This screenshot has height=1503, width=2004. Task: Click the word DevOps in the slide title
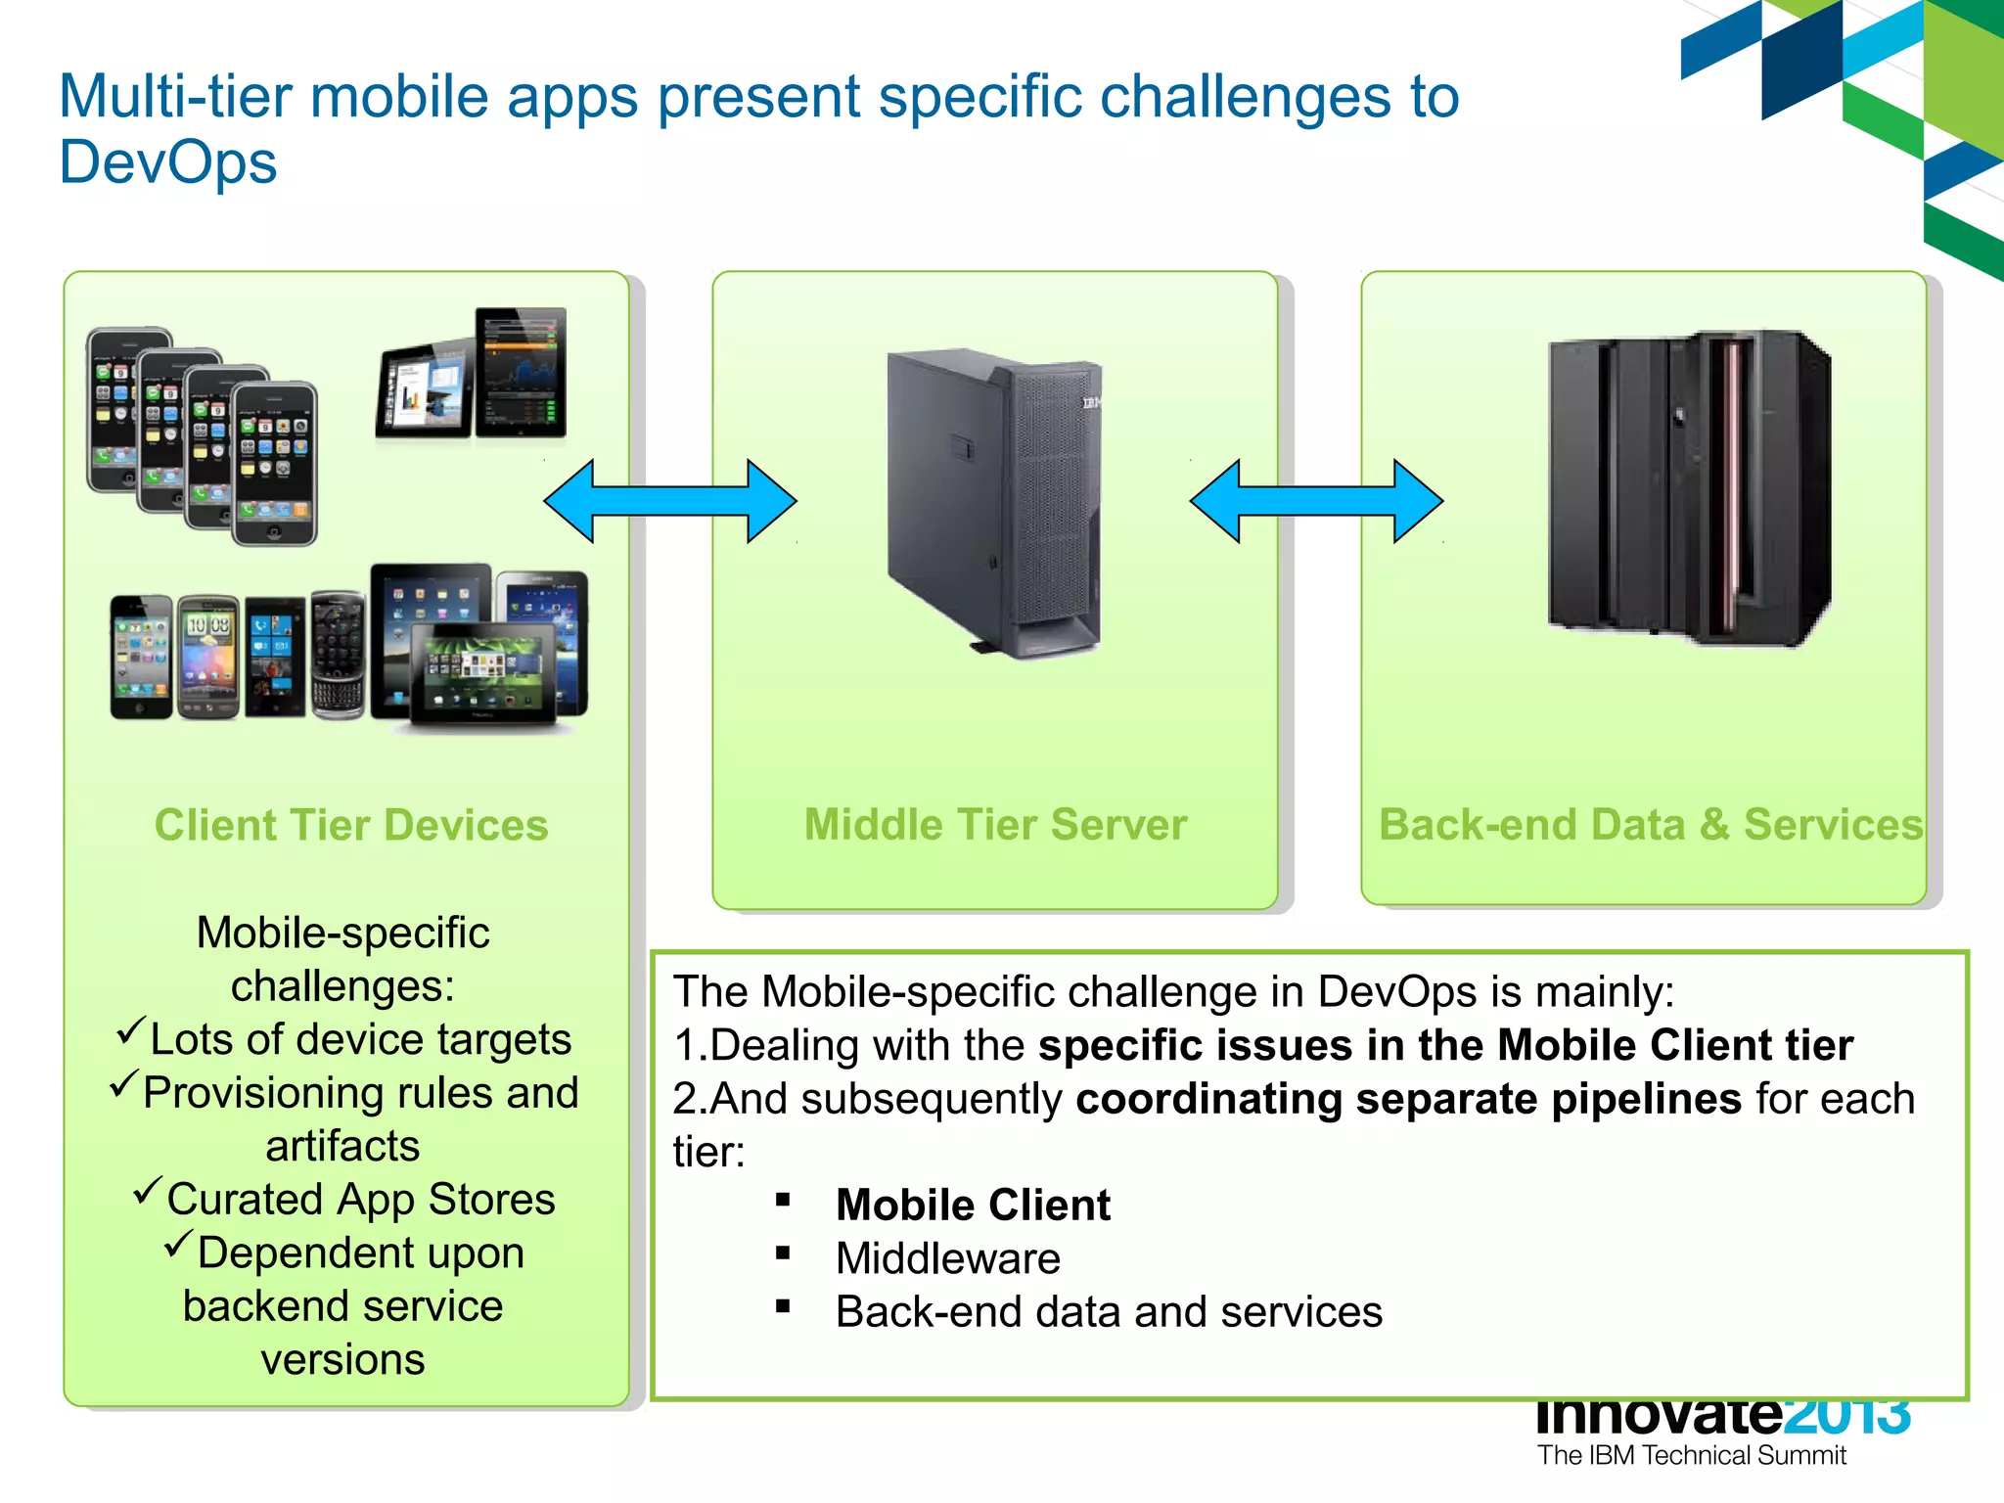click(x=167, y=162)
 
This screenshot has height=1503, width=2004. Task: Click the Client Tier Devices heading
click(x=350, y=825)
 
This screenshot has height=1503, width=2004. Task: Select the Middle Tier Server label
click(x=995, y=824)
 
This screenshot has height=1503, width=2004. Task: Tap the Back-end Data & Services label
click(x=1650, y=824)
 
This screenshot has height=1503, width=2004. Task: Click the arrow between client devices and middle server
click(x=670, y=501)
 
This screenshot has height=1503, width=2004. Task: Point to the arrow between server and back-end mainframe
click(x=1316, y=501)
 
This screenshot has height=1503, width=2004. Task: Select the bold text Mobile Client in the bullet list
click(x=973, y=1205)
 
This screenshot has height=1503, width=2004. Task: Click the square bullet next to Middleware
click(x=783, y=1252)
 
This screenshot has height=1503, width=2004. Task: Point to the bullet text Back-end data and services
click(x=1108, y=1311)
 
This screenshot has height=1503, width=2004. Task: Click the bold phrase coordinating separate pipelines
click(x=1408, y=1098)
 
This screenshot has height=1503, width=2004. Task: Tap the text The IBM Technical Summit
click(x=1691, y=1455)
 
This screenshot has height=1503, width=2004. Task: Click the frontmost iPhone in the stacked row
click(x=275, y=463)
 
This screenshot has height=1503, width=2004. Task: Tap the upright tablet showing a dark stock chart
click(x=521, y=372)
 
